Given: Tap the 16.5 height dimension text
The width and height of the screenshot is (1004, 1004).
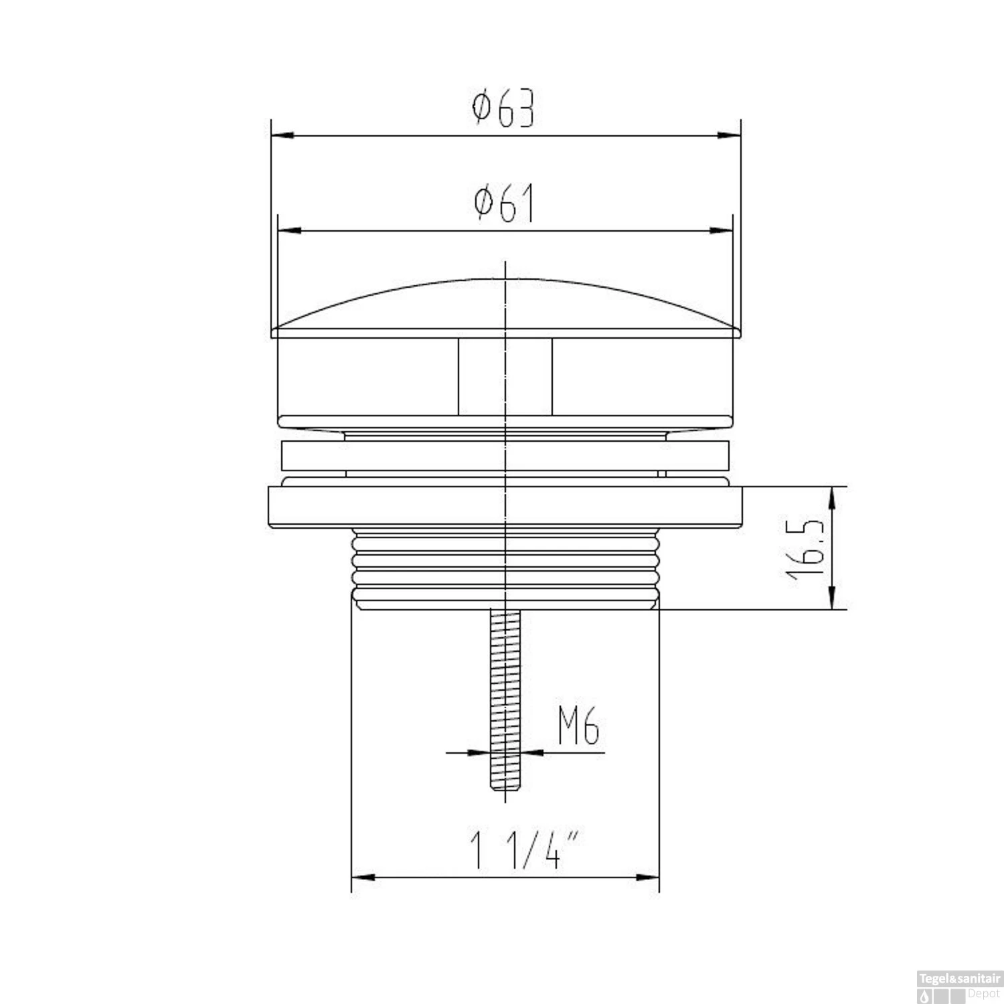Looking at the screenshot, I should pyautogui.click(x=804, y=548).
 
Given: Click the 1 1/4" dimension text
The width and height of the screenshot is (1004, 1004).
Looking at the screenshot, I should pyautogui.click(x=524, y=850).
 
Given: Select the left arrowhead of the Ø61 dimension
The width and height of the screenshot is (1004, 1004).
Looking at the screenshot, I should pyautogui.click(x=288, y=231).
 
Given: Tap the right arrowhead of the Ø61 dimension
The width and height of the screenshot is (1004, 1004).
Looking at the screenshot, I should pyautogui.click(x=722, y=231).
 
